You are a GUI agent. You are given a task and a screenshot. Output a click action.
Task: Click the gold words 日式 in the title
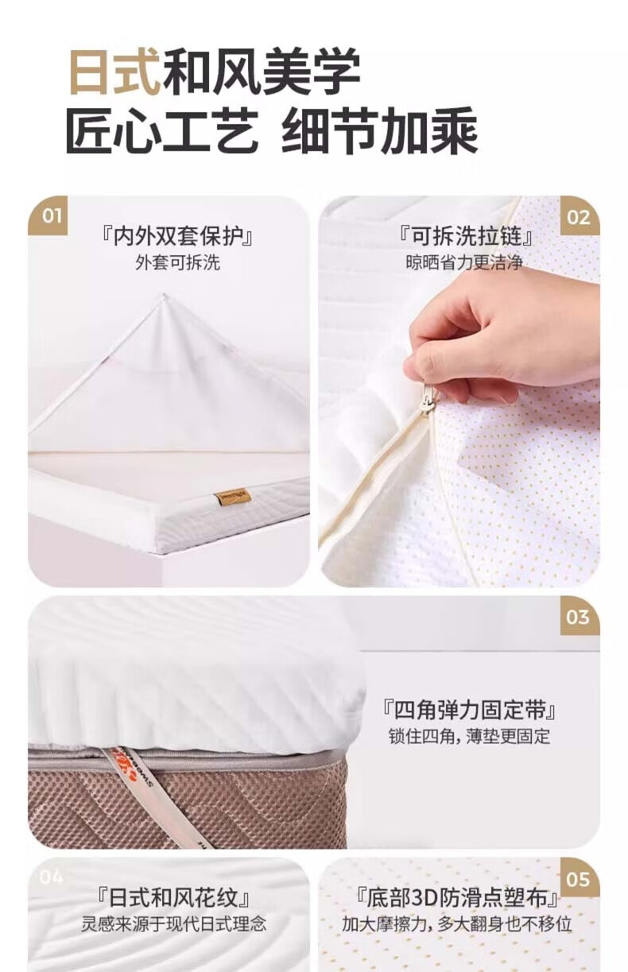click(x=114, y=72)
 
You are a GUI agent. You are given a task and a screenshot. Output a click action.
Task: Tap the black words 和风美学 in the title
click(x=262, y=72)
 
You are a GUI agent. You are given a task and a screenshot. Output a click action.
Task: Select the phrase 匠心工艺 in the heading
click(x=162, y=130)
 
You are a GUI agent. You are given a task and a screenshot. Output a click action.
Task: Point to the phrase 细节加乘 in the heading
click(x=379, y=130)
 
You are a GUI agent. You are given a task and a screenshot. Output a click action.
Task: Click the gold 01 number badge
click(x=48, y=215)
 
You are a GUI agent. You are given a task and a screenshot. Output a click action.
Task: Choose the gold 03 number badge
click(x=580, y=616)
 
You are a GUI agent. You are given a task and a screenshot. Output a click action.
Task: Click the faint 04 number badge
click(x=51, y=877)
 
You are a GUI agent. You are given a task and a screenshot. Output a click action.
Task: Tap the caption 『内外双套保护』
click(x=177, y=237)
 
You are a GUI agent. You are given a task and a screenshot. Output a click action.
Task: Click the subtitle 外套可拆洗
click(x=177, y=262)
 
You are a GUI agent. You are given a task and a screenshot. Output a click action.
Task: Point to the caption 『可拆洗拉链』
click(x=465, y=237)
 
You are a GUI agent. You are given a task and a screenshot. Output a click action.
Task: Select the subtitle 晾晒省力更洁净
click(x=464, y=262)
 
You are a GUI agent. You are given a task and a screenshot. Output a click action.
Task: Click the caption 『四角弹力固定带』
click(x=469, y=711)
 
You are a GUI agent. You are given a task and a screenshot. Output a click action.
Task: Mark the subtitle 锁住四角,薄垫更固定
click(x=469, y=737)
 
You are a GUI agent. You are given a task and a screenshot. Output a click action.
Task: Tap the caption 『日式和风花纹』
click(x=173, y=897)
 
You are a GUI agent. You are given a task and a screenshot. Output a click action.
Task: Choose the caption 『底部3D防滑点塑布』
click(x=456, y=897)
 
